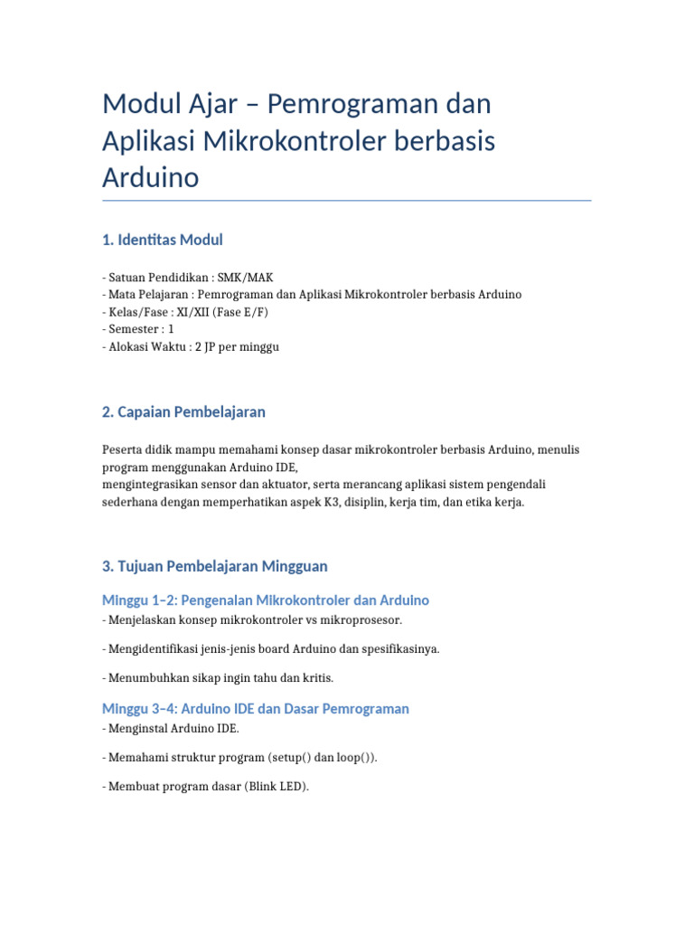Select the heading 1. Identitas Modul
pyautogui.click(x=163, y=240)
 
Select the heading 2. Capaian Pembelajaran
pyautogui.click(x=183, y=411)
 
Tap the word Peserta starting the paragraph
pyautogui.click(x=122, y=449)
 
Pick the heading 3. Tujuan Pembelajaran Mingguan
pyautogui.click(x=214, y=566)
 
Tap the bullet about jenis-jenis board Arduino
pyautogui.click(x=271, y=648)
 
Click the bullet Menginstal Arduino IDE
pyautogui.click(x=171, y=728)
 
